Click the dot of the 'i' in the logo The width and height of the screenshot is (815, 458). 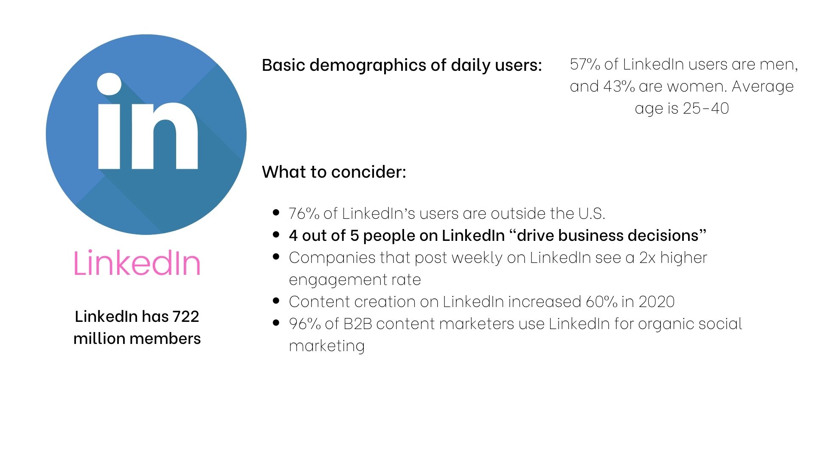pyautogui.click(x=109, y=84)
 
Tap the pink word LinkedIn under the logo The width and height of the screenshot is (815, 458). pyautogui.click(x=137, y=263)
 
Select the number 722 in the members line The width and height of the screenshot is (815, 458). pyautogui.click(x=185, y=316)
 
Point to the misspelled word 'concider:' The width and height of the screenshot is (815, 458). pyautogui.click(x=368, y=172)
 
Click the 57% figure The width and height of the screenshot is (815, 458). pyautogui.click(x=585, y=64)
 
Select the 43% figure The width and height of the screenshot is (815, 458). pyautogui.click(x=618, y=87)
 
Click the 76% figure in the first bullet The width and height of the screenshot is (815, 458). pyautogui.click(x=304, y=214)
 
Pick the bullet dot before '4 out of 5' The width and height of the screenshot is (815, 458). pyautogui.click(x=276, y=235)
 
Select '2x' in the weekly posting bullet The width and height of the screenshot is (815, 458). pyautogui.click(x=647, y=258)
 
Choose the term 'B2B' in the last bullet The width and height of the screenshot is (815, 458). pyautogui.click(x=357, y=324)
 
